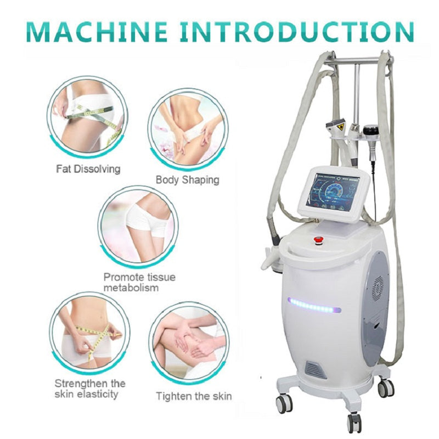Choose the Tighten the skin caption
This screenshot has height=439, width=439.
(x=194, y=396)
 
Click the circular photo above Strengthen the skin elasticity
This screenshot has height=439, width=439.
(x=87, y=334)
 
